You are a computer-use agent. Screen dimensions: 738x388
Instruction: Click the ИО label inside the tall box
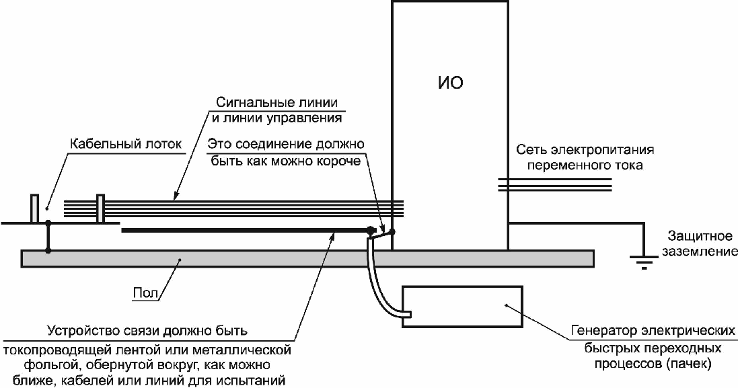pos(451,83)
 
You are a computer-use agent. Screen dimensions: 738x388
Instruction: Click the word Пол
pos(145,293)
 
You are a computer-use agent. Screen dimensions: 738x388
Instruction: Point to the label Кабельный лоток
pos(126,144)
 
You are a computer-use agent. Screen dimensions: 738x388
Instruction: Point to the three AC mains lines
pos(555,185)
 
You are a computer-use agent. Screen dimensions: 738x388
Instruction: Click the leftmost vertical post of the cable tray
pos(34,208)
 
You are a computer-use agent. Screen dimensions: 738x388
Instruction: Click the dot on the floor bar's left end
pos(48,251)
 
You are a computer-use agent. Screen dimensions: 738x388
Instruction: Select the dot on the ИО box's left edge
pos(392,231)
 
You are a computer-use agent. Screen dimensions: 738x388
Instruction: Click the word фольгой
pos(48,364)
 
